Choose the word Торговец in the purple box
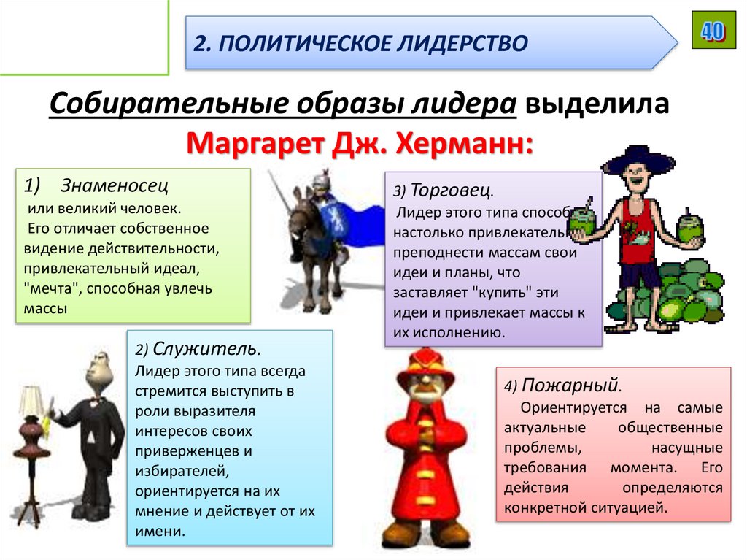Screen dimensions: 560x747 click(452, 191)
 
